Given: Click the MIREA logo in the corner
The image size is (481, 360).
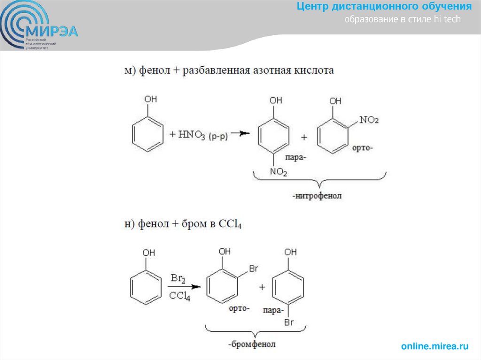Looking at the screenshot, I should pos(38,26).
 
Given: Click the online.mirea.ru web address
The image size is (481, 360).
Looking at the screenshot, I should pos(434,346).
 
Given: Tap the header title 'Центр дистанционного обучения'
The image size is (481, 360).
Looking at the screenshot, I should pos(384,7).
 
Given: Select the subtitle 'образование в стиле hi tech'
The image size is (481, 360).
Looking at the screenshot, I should pos(403,20).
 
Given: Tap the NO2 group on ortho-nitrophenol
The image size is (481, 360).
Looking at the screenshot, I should pos(368,120).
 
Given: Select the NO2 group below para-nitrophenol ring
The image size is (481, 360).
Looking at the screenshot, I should pos(278,172).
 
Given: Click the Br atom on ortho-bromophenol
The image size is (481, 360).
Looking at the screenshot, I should pos(254,269).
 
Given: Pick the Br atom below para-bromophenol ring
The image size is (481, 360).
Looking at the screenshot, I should pos(289,322).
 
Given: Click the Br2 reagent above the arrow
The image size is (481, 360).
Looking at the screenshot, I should pos(178,279).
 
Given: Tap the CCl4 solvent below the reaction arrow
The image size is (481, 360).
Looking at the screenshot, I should pos(179,296).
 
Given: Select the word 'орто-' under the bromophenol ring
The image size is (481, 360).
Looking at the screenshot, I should pos(239,308).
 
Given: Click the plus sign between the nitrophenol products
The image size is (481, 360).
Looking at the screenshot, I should pos(304,138).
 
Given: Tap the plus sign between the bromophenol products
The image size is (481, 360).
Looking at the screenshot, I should pos(262,287).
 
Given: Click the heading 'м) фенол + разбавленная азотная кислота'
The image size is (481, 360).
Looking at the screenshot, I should pos(229,70).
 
